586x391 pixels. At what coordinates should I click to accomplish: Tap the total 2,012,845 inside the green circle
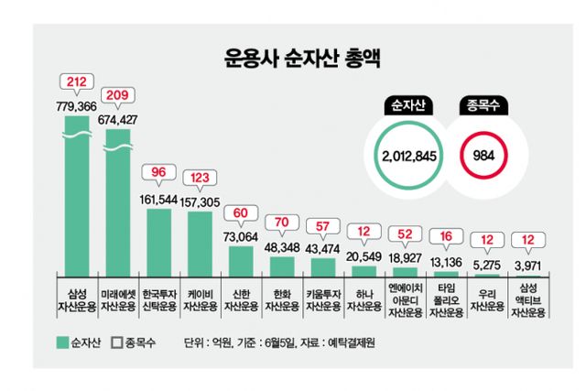click(411, 155)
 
